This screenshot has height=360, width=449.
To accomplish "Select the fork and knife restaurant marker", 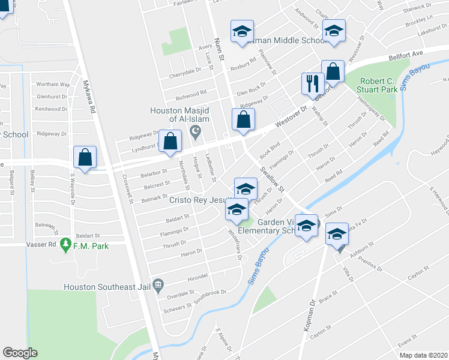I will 312,83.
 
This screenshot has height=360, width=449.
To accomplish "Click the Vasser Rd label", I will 41,245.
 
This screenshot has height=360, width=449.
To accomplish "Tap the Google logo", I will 20,353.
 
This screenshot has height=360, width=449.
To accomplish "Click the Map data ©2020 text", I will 423,355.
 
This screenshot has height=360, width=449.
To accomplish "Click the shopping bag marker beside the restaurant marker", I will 332,72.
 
